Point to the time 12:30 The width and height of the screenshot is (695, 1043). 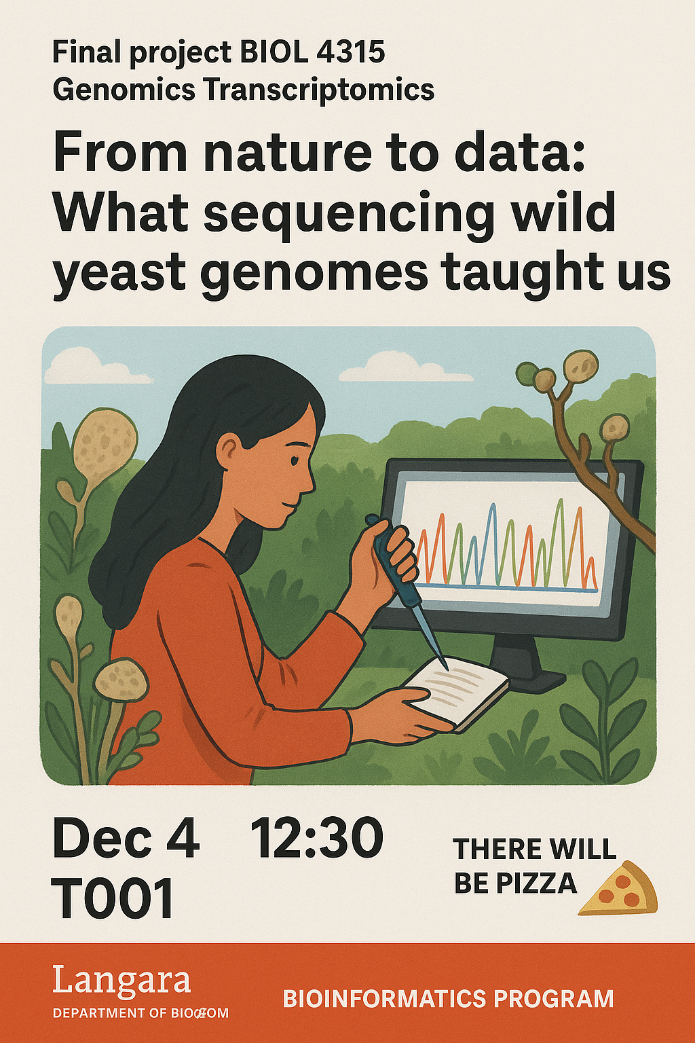click(x=317, y=838)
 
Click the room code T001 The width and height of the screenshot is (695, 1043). click(x=113, y=898)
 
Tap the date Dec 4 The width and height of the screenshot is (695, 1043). click(x=126, y=838)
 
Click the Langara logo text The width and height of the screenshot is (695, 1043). click(x=121, y=981)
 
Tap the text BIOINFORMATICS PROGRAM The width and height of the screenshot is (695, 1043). click(x=448, y=999)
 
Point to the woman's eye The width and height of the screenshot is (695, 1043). click(x=294, y=459)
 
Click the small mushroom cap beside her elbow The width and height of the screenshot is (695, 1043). click(x=121, y=677)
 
